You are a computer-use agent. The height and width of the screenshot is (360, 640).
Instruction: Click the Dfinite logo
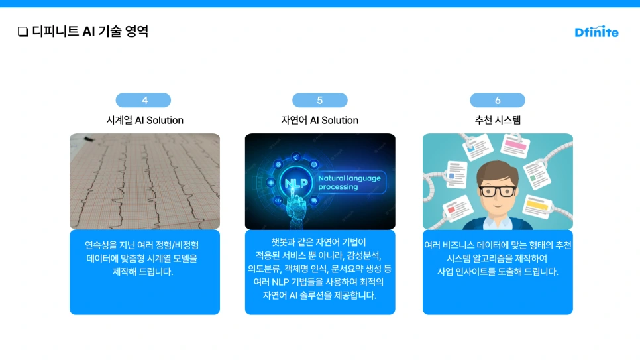tap(596, 31)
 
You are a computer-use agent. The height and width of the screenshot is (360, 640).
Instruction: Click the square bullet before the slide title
tap(23, 32)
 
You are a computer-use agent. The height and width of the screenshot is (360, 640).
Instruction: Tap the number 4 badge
tap(144, 101)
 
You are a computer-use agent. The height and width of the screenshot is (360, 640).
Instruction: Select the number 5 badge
tap(320, 101)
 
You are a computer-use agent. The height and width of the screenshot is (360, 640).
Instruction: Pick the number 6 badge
tap(498, 101)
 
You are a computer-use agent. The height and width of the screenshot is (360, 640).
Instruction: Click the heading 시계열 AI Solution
tap(144, 120)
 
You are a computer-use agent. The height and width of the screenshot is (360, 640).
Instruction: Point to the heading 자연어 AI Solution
tap(320, 120)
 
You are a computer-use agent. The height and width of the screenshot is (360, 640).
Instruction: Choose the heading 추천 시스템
tap(498, 120)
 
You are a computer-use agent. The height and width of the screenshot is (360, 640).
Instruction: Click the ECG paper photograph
tap(144, 181)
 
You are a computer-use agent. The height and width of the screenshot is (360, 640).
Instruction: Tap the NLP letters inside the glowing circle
tap(293, 182)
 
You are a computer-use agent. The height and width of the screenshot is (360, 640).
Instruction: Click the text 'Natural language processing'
tap(347, 182)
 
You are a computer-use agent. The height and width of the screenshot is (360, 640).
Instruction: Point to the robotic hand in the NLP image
tap(292, 211)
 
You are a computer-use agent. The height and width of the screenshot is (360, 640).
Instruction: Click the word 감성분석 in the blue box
tap(364, 255)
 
